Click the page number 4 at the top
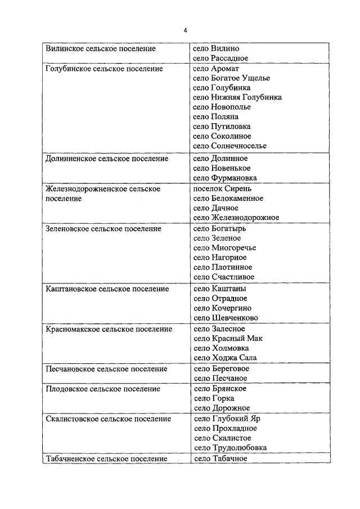pyautogui.click(x=185, y=30)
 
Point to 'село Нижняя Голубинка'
pyautogui.click(x=237, y=97)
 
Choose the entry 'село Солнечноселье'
pyautogui.click(x=229, y=146)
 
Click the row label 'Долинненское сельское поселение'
pyautogui.click(x=106, y=159)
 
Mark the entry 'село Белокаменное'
pyautogui.click(x=228, y=199)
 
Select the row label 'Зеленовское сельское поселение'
pyautogui.click(x=103, y=229)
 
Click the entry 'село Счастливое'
pyautogui.click(x=223, y=277)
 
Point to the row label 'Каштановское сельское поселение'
pyautogui.click(x=107, y=289)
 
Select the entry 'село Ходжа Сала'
pyautogui.click(x=225, y=357)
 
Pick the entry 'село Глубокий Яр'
pyautogui.click(x=227, y=418)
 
